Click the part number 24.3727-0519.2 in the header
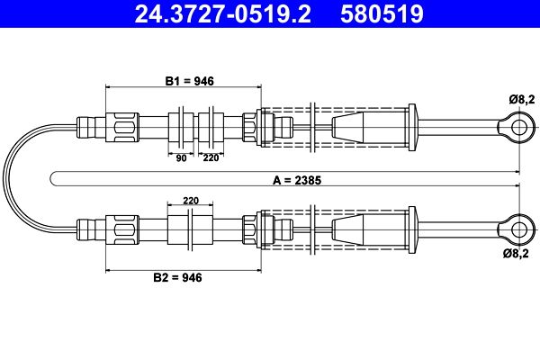pos(223,13)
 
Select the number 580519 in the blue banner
pos(382,13)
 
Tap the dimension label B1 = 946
pos(189,81)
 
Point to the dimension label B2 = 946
pos(177,277)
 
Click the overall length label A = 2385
pos(297,180)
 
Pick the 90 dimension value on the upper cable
pos(181,158)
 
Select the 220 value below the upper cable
pos(211,157)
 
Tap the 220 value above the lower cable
pos(191,201)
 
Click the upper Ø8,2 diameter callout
pos(522,100)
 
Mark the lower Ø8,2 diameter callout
pos(516,254)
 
